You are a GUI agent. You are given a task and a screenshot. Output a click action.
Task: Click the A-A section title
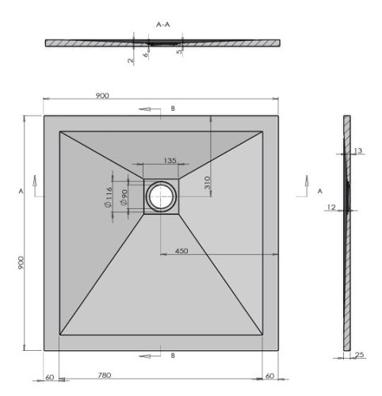point(163,25)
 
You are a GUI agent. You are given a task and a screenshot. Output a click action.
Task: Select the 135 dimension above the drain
point(170,161)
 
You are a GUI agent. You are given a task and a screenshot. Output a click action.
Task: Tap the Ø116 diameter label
point(109,197)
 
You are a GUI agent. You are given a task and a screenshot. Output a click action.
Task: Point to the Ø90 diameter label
point(124,198)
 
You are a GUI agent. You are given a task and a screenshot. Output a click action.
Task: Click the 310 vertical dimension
point(208,183)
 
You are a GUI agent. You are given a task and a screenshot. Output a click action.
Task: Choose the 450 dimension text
point(181,251)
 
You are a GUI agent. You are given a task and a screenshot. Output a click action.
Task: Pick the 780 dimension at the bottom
point(105,375)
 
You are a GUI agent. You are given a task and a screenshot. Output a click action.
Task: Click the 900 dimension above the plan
point(102,96)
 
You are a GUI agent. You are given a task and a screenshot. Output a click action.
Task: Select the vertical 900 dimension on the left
point(21,263)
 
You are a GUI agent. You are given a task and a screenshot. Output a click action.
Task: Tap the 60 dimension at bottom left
point(50,378)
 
